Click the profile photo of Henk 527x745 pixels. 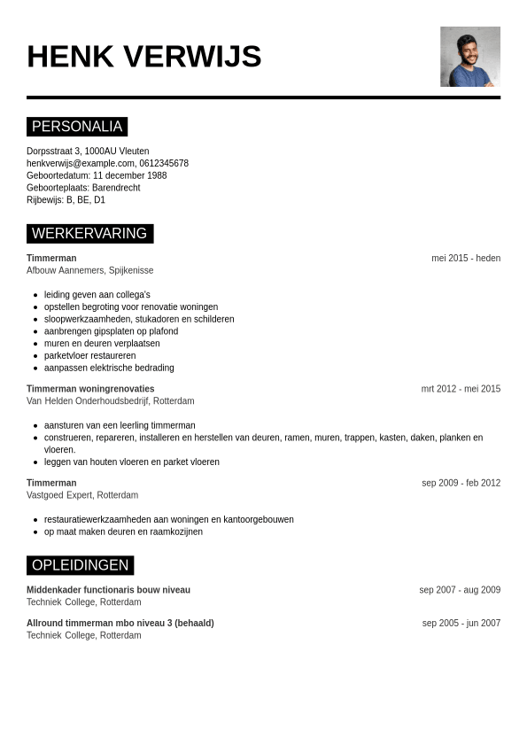pos(469,57)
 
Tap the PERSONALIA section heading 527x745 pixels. pos(77,127)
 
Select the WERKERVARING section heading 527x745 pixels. pos(89,234)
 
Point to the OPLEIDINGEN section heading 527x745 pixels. pos(80,565)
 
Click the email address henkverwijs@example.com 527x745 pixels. pos(81,163)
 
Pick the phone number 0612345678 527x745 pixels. pos(164,163)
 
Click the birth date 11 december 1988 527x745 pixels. pos(129,175)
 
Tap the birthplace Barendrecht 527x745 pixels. pos(116,188)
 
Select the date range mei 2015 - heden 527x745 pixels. pos(466,259)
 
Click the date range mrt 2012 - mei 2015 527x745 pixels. pos(461,389)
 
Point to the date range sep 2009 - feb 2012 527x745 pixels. pos(461,484)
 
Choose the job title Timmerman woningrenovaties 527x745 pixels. pos(90,389)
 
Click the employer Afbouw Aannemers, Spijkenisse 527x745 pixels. pos(89,271)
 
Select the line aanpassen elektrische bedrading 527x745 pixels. pos(109,369)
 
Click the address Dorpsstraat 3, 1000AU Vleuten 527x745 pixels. pos(88,151)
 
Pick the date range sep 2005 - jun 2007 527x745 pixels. pos(461,624)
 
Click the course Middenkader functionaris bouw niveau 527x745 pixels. pos(108,590)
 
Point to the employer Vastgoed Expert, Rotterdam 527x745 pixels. pos(82,495)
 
